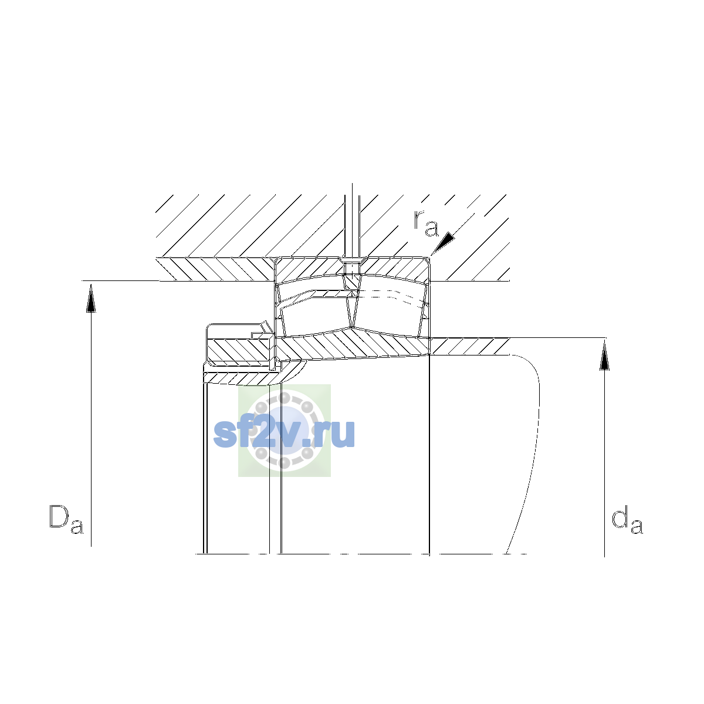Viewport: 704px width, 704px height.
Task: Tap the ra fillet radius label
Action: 425,224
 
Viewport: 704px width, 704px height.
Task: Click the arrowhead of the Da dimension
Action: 91,298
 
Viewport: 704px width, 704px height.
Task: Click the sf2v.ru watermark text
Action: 284,434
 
